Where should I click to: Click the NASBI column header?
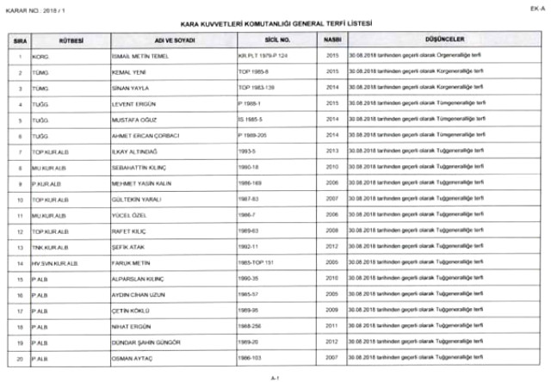(331, 40)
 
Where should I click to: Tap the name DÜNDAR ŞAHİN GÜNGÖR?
(147, 342)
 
